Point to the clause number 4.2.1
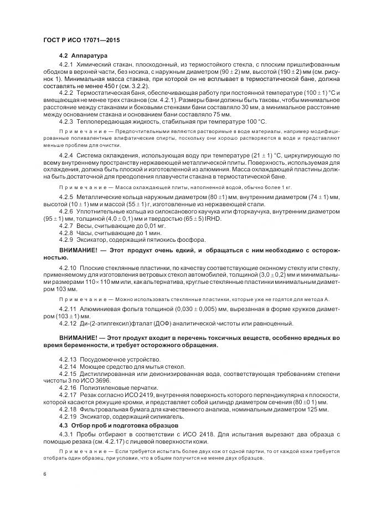click(x=66, y=67)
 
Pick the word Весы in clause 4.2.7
click(x=86, y=226)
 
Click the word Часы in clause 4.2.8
click(x=86, y=233)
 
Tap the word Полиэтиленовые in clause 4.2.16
click(x=101, y=388)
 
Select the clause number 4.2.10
click(x=68, y=268)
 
